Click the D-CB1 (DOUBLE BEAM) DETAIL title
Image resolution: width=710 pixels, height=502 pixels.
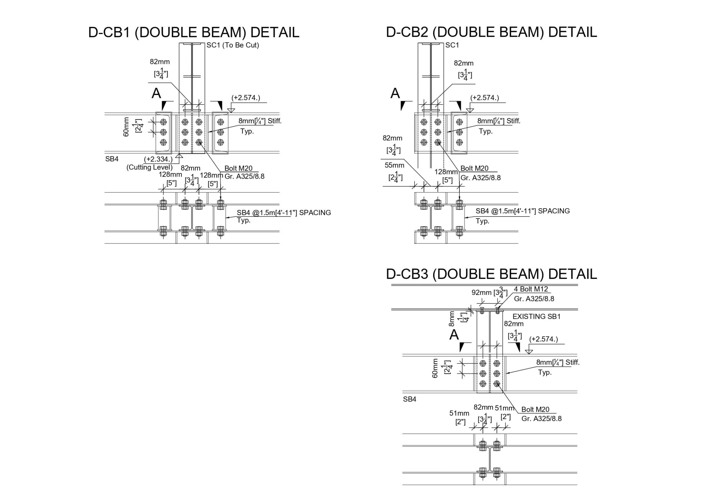(x=193, y=33)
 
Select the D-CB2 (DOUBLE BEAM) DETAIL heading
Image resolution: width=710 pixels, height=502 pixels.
(x=491, y=33)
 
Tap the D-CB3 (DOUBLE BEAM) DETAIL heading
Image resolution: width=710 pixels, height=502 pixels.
(x=491, y=274)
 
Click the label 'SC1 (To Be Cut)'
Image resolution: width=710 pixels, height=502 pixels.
(x=233, y=45)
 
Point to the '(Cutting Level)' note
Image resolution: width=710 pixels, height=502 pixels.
(x=149, y=167)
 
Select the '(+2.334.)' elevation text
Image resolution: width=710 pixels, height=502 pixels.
(x=158, y=159)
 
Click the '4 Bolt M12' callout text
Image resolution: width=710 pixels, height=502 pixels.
(x=531, y=289)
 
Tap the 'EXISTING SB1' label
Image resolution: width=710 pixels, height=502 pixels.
(x=537, y=317)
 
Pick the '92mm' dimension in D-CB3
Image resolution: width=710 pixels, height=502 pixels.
(x=481, y=293)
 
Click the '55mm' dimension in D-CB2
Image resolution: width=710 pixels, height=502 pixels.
(x=394, y=165)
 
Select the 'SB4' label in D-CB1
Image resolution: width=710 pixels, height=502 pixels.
(x=112, y=159)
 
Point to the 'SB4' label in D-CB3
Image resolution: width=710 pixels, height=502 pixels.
(x=409, y=399)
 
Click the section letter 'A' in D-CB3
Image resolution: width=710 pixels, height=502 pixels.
(x=454, y=335)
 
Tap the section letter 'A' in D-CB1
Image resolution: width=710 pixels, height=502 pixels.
(x=156, y=93)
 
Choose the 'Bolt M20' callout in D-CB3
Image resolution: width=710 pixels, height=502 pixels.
(x=535, y=409)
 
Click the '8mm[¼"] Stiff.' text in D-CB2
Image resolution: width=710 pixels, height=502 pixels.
(x=498, y=121)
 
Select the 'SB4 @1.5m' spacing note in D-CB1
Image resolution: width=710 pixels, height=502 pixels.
(x=284, y=212)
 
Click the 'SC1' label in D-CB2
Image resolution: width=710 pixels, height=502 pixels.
(x=452, y=45)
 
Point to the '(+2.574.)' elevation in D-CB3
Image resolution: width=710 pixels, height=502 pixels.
(x=543, y=339)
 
